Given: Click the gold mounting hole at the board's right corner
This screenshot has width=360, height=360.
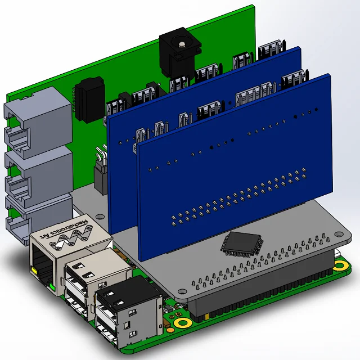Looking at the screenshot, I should click(x=340, y=264).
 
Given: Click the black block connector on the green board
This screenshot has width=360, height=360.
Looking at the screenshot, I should click(x=89, y=98).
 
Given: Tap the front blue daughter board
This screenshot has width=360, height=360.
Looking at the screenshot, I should click(x=236, y=169).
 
